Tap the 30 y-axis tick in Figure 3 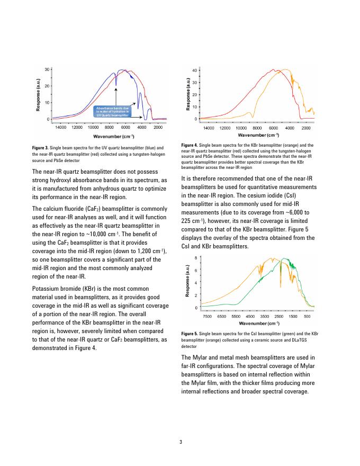47,69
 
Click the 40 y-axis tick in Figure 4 195,70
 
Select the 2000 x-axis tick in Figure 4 305,128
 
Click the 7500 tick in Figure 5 208,316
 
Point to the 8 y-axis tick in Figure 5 196,258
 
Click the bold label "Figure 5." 190,333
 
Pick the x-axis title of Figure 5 259,323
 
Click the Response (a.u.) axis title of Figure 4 188,95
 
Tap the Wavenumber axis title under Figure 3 109,136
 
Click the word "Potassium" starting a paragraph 48,290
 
